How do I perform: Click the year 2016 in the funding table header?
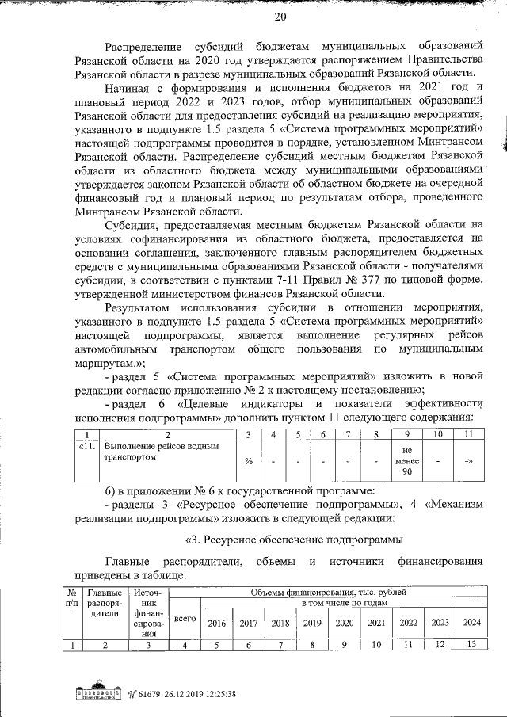coord(215,623)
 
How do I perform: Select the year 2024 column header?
coord(471,623)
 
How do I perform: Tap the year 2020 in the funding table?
coord(344,623)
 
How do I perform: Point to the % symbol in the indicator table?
coord(249,461)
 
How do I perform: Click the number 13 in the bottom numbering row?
coord(471,645)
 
